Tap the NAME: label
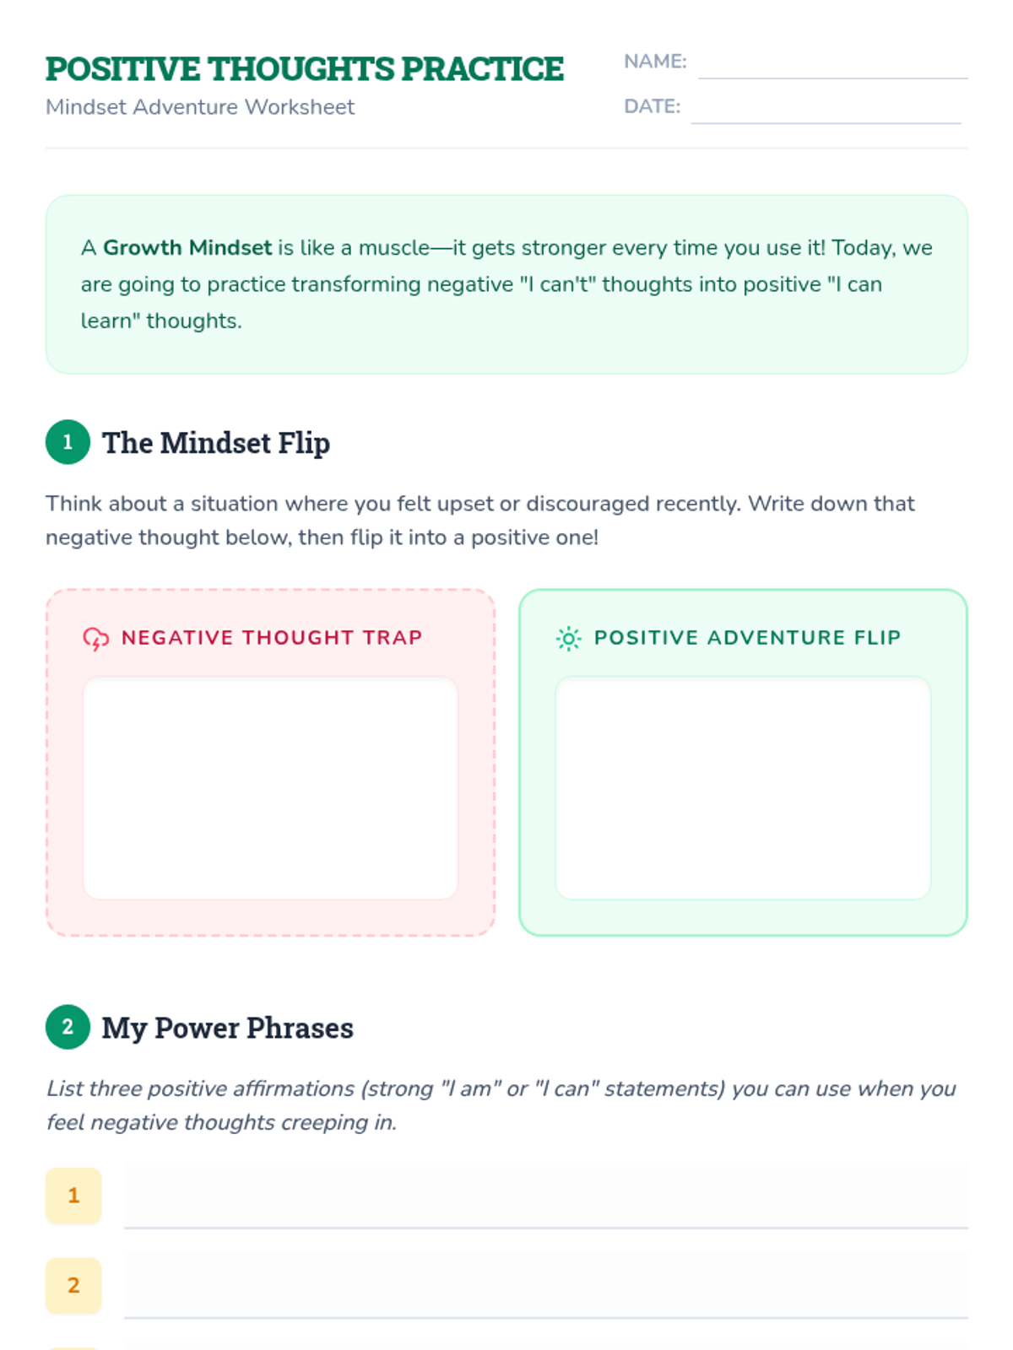pyautogui.click(x=655, y=62)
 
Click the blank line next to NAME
pyautogui.click(x=833, y=78)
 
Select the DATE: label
pyautogui.click(x=652, y=106)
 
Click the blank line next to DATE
pyautogui.click(x=826, y=123)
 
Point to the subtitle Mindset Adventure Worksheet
pyautogui.click(x=200, y=107)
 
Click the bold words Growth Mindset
pyautogui.click(x=187, y=247)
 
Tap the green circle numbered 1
pyautogui.click(x=68, y=441)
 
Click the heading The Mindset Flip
pyautogui.click(x=216, y=443)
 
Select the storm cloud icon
pyautogui.click(x=96, y=639)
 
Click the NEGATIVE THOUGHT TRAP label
pyautogui.click(x=272, y=637)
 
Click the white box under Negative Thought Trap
pyautogui.click(x=271, y=788)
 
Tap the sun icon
pyautogui.click(x=569, y=639)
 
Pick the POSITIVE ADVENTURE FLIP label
pyautogui.click(x=747, y=637)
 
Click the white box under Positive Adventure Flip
pyautogui.click(x=743, y=788)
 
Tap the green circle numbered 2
pyautogui.click(x=68, y=1027)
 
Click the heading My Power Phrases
pyautogui.click(x=228, y=1028)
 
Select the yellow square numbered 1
pyautogui.click(x=73, y=1195)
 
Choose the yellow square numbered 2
pyautogui.click(x=73, y=1285)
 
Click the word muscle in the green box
pyautogui.click(x=393, y=247)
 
